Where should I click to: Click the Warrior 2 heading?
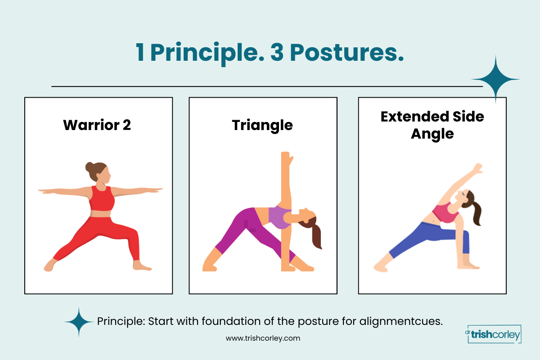coord(97,125)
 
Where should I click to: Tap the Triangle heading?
coord(262,125)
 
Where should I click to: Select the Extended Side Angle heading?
coord(432,125)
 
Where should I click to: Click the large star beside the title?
coord(495,80)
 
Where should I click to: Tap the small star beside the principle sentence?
coord(79,322)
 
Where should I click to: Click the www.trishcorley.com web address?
coord(262,338)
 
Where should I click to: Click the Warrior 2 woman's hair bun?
coord(91,167)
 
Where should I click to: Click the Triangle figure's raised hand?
coord(286,157)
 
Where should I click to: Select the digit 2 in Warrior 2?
coord(126,125)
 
